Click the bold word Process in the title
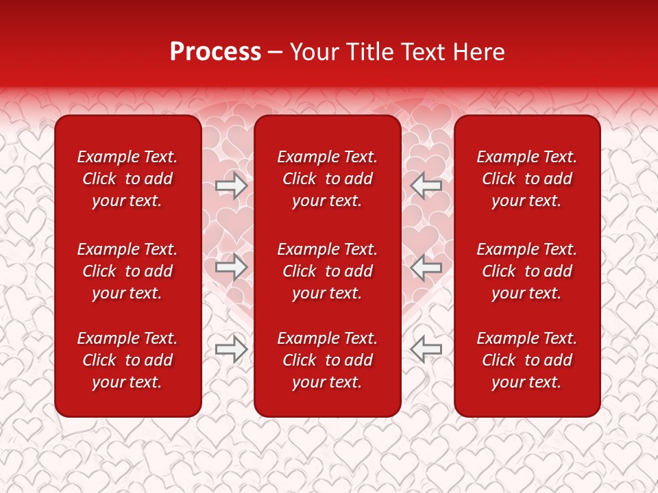215,52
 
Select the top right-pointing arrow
231,185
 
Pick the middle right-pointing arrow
231,267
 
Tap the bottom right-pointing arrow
231,349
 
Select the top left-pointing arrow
426,185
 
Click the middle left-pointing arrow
426,267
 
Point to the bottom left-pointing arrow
426,349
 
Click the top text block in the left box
127,179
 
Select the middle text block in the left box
127,271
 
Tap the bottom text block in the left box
127,360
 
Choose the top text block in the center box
327,179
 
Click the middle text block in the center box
327,271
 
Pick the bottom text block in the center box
327,360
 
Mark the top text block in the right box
526,179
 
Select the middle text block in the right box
526,271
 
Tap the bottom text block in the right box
526,360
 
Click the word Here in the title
479,52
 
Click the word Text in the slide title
422,52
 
